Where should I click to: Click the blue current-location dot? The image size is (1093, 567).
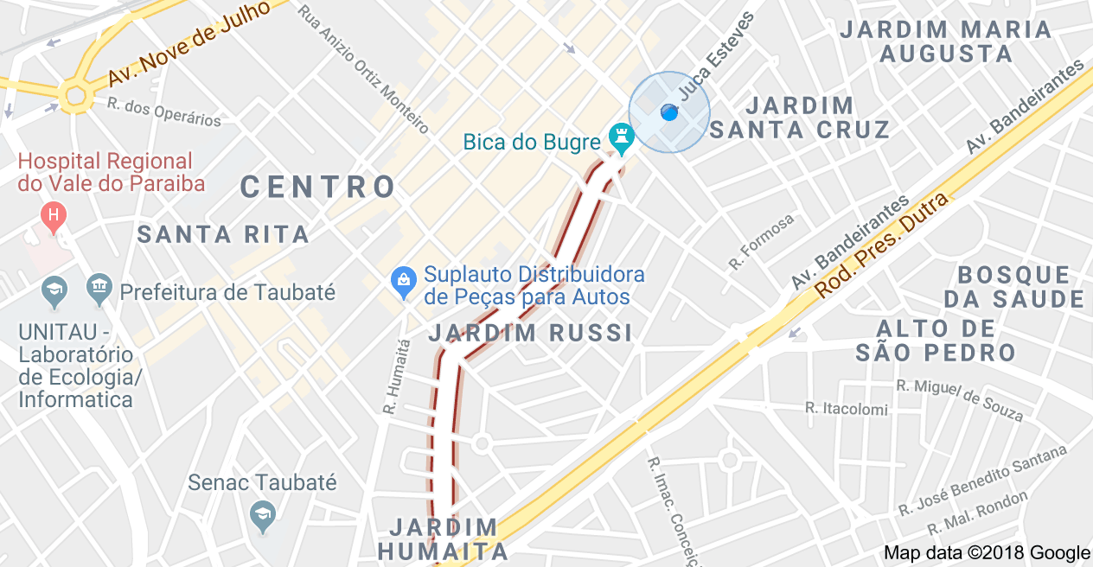click(x=668, y=112)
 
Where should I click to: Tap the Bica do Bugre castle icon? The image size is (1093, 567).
click(x=620, y=136)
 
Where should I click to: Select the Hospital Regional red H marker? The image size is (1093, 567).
click(x=54, y=214)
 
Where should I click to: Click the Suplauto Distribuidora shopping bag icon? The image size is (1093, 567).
click(x=402, y=280)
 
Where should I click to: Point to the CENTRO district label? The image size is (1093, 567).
click(x=318, y=187)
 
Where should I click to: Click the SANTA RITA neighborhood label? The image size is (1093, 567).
click(x=223, y=234)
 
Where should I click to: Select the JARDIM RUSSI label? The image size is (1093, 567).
click(x=530, y=333)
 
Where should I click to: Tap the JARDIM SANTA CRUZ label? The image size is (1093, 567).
click(x=800, y=118)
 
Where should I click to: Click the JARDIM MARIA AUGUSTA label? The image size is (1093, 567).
click(x=946, y=41)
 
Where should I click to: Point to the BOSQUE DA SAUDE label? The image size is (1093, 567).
click(x=1013, y=288)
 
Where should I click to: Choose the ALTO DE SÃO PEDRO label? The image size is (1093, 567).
click(x=936, y=341)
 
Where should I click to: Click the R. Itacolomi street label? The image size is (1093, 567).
click(x=846, y=408)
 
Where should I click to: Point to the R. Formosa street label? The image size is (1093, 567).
click(x=761, y=242)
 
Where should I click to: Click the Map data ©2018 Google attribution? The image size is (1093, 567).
click(x=987, y=553)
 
